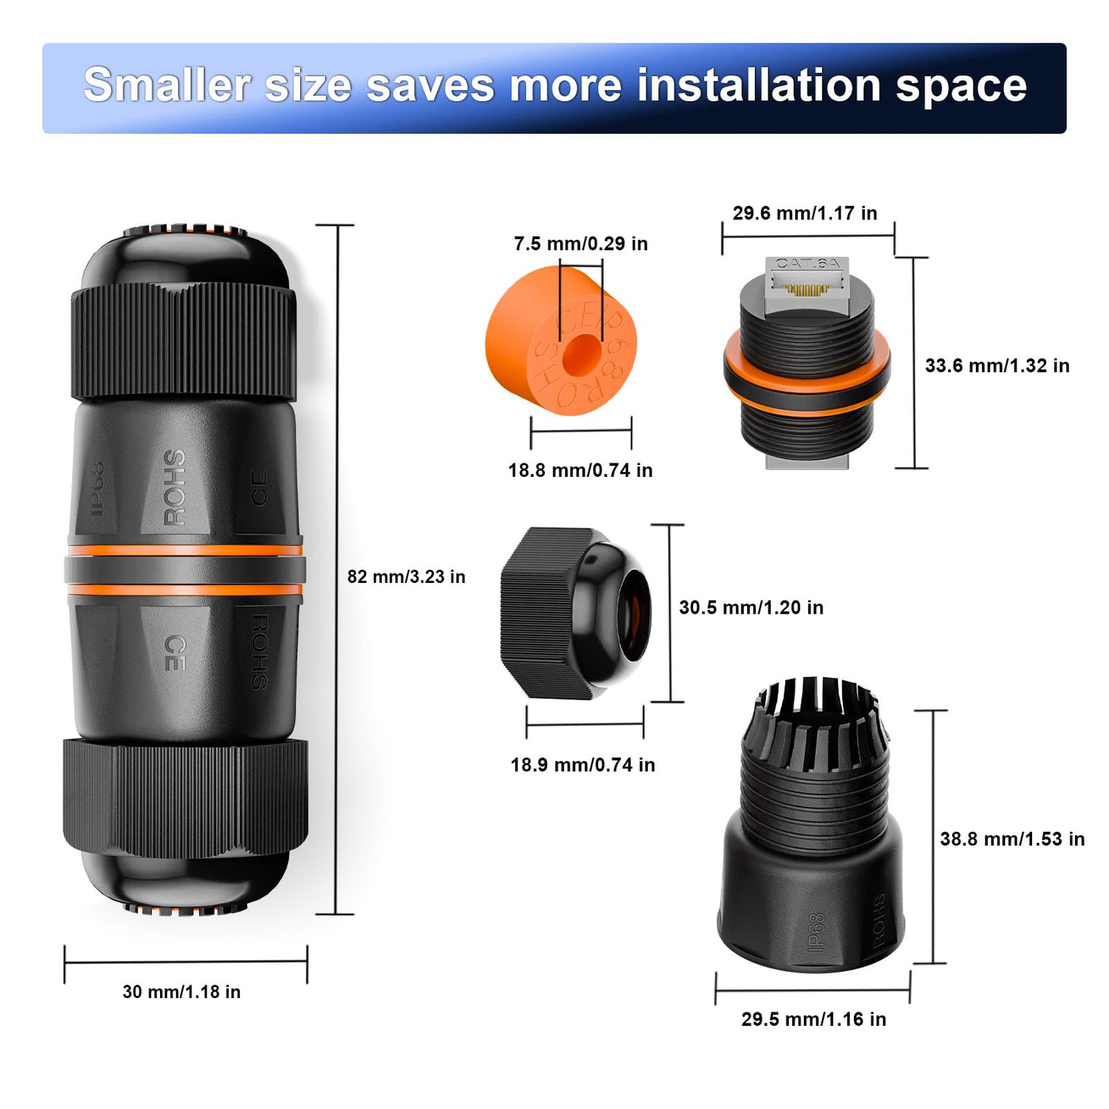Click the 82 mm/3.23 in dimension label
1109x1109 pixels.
click(406, 577)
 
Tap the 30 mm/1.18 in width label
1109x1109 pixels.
click(181, 992)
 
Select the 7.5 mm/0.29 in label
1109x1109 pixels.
click(581, 243)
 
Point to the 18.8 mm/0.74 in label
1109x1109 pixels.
click(580, 471)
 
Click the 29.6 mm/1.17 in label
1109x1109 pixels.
click(805, 213)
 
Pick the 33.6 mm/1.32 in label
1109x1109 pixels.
click(997, 365)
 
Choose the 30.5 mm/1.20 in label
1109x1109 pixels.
click(751, 607)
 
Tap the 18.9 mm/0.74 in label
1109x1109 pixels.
click(582, 765)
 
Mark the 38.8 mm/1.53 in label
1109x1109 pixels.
click(1012, 839)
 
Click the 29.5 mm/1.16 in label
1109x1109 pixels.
click(814, 1019)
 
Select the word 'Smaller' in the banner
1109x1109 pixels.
click(167, 86)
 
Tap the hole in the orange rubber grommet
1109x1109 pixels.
click(581, 353)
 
